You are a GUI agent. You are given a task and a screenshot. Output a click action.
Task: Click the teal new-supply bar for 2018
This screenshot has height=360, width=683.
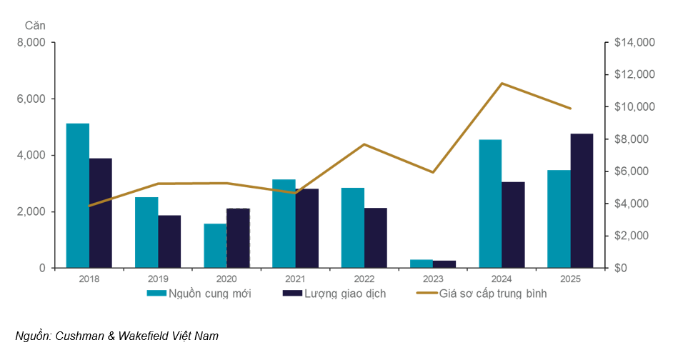pos(78,196)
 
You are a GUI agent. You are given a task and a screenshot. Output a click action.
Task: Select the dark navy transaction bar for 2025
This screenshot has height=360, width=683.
pos(582,201)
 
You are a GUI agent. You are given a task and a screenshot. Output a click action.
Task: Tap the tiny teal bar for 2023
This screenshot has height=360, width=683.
pos(422,264)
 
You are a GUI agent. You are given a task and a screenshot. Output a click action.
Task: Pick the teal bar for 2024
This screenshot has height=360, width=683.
pos(490,204)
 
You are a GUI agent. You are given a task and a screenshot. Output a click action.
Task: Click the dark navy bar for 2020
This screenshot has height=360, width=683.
pos(238,238)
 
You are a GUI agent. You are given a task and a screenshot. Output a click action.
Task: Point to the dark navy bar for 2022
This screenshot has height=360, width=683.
pos(376,238)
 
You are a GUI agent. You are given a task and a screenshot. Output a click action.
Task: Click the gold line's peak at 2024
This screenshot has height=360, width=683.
pos(502,84)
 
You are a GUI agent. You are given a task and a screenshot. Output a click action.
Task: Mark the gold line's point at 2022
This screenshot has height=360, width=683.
pos(364,144)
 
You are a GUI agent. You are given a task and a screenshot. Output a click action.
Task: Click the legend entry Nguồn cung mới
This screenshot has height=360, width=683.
pos(199,294)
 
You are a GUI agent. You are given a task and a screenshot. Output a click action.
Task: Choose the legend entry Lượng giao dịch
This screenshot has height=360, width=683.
pos(336,294)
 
